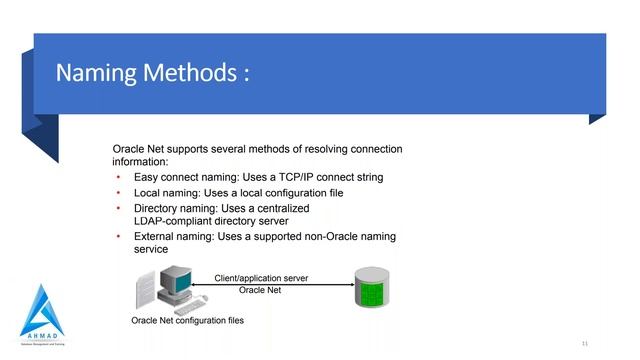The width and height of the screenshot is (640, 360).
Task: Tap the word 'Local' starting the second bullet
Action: [x=149, y=192]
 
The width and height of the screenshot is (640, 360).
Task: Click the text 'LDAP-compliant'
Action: [x=175, y=221]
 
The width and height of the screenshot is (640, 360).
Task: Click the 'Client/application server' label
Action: [x=261, y=277]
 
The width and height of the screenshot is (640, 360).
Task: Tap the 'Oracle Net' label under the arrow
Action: [x=261, y=291]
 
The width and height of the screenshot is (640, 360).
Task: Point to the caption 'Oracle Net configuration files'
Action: [x=187, y=321]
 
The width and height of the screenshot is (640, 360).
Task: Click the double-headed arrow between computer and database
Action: [x=270, y=284]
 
